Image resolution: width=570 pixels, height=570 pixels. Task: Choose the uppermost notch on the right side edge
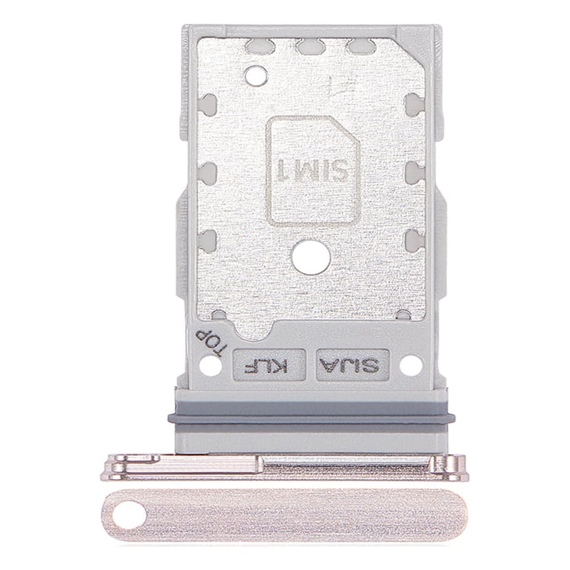tap(413, 102)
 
